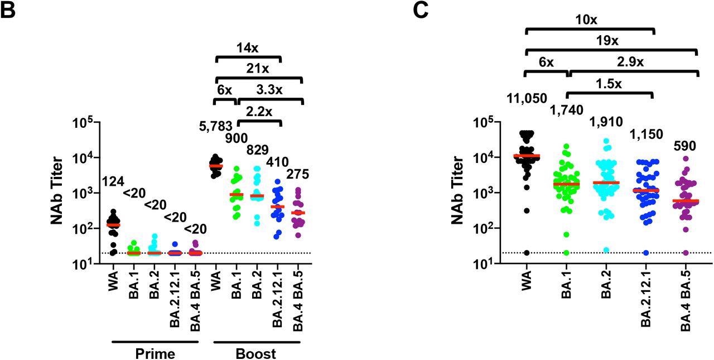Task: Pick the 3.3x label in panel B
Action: coord(268,89)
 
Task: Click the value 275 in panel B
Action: coord(297,175)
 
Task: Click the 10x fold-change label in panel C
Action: coord(588,19)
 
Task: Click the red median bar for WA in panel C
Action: coord(527,156)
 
